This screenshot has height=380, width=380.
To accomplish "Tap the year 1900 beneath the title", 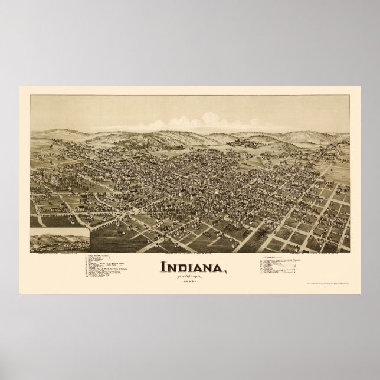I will tap(190, 279).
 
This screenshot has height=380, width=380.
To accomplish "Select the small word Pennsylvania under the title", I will tap(190, 274).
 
